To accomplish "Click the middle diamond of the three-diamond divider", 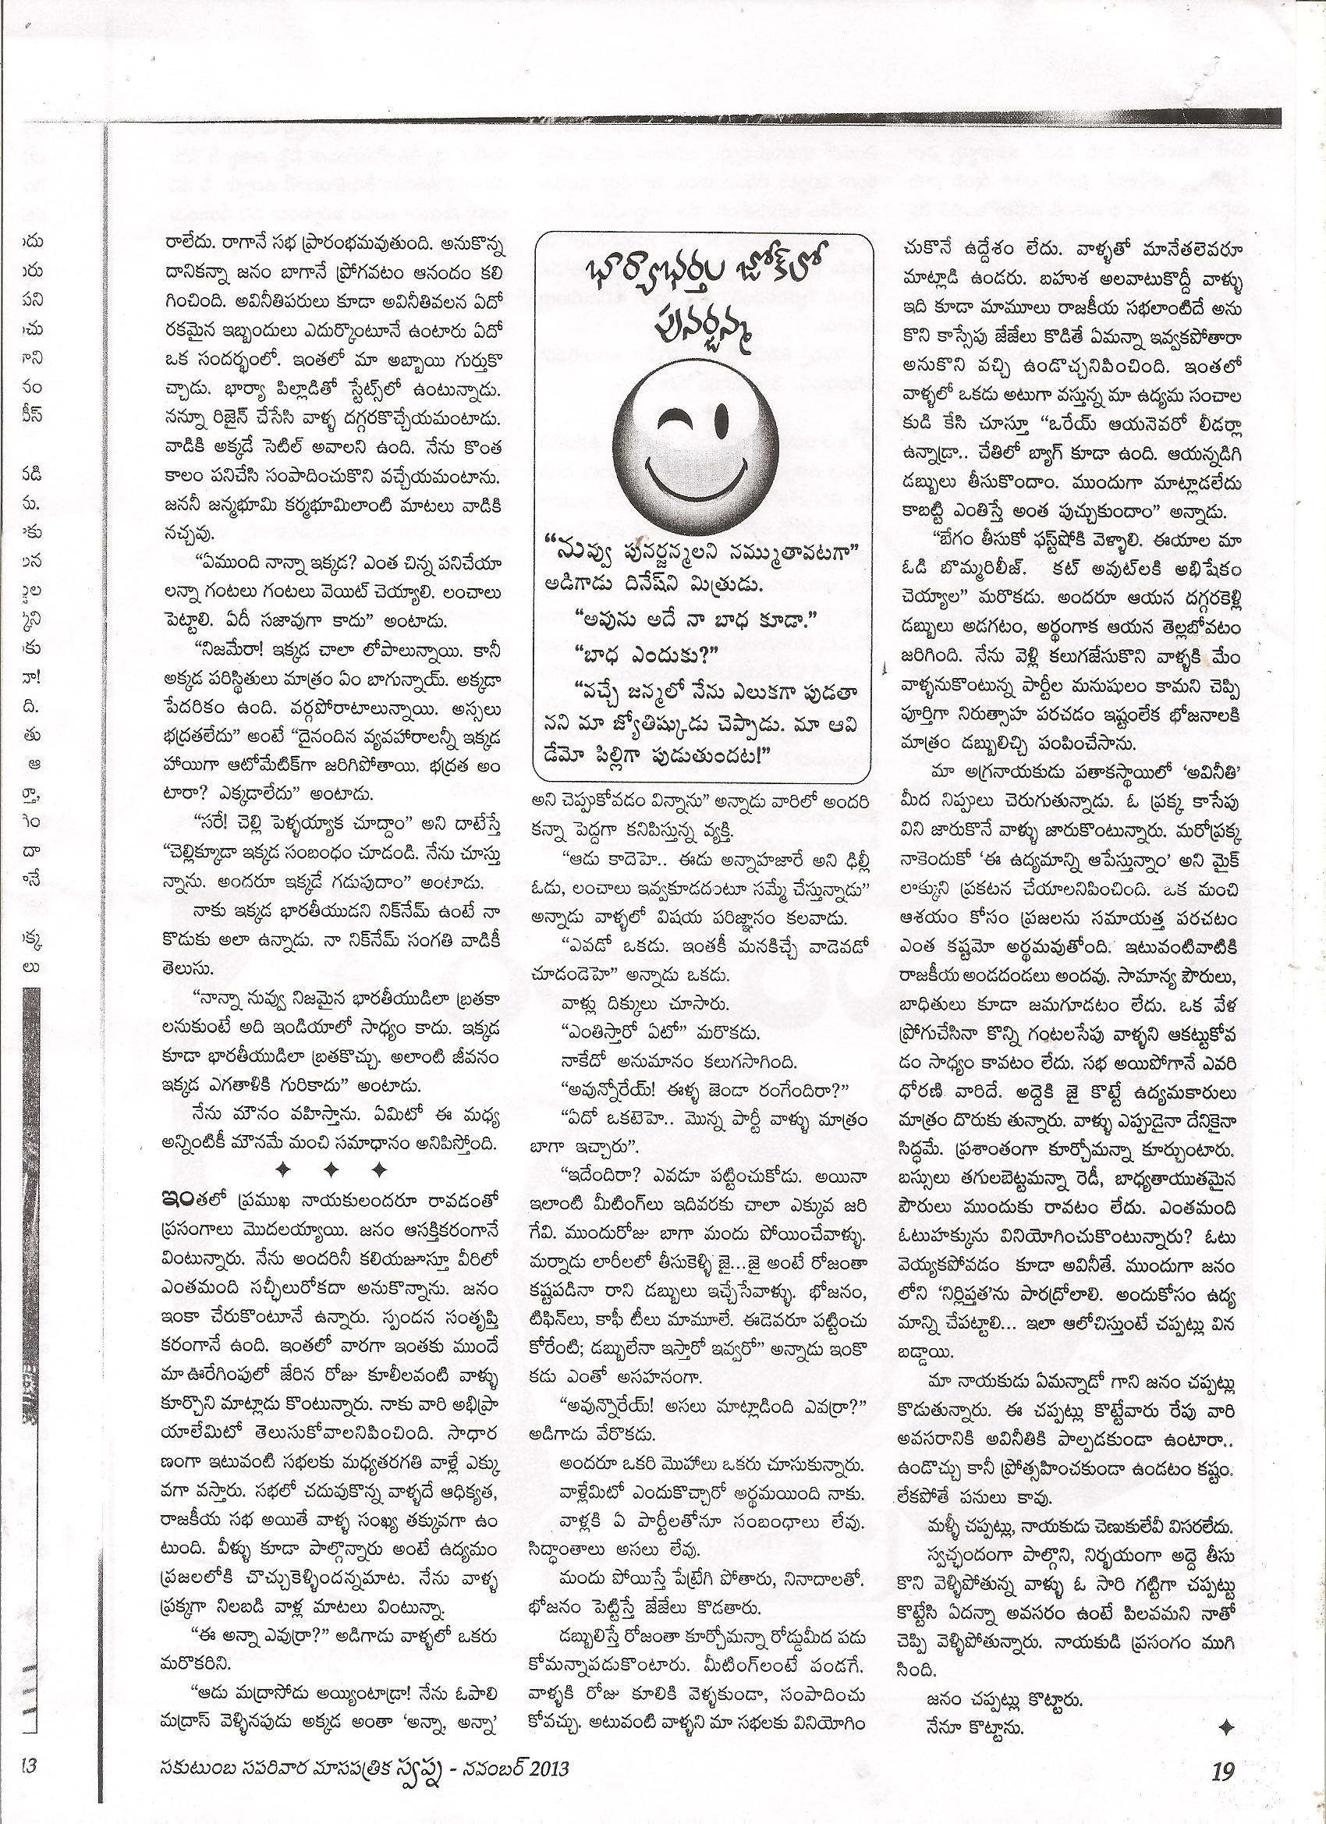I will coord(331,1167).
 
